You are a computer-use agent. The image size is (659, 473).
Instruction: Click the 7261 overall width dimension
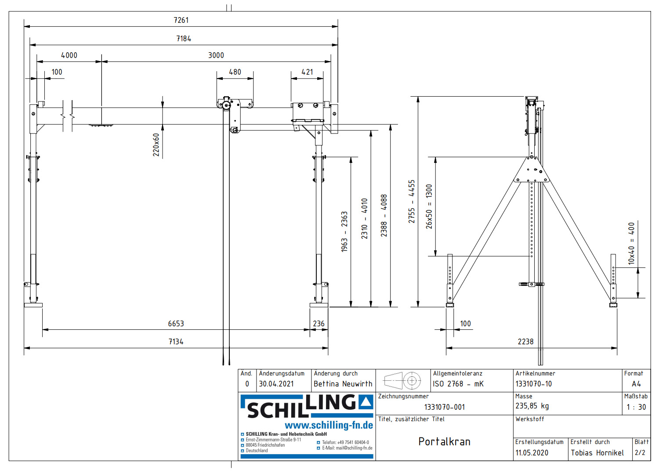coord(181,20)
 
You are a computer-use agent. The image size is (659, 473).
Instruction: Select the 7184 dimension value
coord(184,39)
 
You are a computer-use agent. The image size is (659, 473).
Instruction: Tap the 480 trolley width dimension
coord(235,72)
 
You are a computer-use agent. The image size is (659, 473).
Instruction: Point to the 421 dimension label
coord(307,72)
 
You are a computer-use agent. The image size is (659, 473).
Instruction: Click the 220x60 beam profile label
coord(156,145)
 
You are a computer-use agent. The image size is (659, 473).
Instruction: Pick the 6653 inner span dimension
coord(176,324)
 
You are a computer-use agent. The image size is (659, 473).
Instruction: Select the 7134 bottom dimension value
coord(176,342)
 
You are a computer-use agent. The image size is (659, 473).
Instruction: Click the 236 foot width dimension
coord(319,324)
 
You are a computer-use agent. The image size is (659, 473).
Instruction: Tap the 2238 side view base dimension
coord(525,342)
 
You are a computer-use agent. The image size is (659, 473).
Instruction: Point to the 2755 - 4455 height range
coord(412,202)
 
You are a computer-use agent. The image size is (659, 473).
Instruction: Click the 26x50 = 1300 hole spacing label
coord(429,206)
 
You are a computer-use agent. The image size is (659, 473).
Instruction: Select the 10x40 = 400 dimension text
coord(631,243)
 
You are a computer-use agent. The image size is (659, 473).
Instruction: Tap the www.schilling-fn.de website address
coord(329,425)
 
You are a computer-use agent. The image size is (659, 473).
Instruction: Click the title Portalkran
coord(444,442)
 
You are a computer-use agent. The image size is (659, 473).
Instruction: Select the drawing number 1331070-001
coord(444,407)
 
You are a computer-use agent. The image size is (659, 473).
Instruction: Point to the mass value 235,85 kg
coord(532,406)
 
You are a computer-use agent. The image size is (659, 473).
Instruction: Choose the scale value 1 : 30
coord(636,407)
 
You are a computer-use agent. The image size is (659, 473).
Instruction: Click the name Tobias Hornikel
coord(597,453)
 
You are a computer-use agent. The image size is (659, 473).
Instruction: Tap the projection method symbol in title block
coord(403,381)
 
